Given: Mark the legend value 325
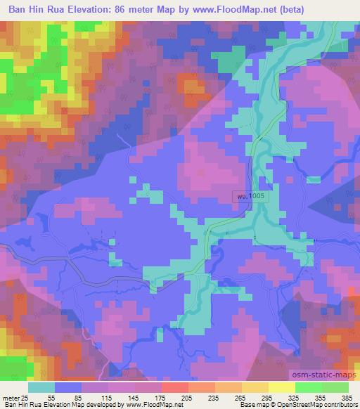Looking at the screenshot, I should click(x=293, y=397).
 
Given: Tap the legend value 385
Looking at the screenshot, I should click(x=346, y=397).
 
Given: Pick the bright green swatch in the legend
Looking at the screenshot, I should click(x=308, y=387).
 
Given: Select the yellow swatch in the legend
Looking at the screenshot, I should click(x=281, y=387).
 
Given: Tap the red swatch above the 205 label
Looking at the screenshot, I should click(x=174, y=387).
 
